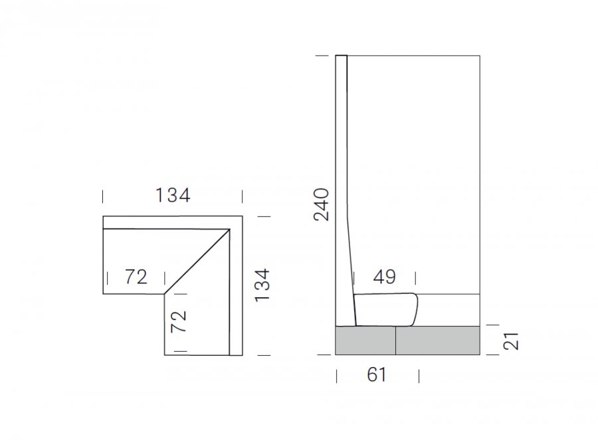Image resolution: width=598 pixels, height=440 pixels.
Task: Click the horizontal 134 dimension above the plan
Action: pos(172,195)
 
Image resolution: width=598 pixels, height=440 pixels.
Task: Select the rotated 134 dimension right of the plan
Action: pos(262,286)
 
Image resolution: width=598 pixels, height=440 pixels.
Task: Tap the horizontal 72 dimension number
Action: pos(136,277)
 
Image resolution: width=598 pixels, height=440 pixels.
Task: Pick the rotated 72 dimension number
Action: pos(179,321)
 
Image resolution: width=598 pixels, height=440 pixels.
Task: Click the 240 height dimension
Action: pos(321,204)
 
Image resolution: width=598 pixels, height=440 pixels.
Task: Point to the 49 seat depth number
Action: pos(385,277)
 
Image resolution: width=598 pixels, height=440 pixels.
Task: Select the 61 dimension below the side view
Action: pos(377,375)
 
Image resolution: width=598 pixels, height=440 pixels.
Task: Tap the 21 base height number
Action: pos(511,341)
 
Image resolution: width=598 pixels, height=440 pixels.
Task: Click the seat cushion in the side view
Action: pos(385,309)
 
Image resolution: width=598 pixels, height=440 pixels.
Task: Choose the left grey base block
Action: pos(365,340)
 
